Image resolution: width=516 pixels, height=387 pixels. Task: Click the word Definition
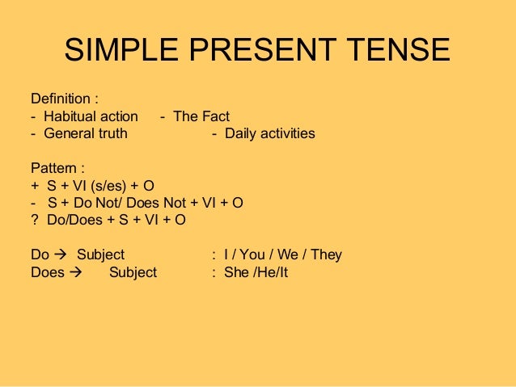(61, 99)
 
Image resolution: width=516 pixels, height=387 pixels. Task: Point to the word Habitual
(68, 116)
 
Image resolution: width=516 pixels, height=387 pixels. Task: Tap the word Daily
(240, 133)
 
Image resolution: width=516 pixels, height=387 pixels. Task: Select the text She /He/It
(256, 272)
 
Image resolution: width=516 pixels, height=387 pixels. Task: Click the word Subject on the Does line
(133, 272)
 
